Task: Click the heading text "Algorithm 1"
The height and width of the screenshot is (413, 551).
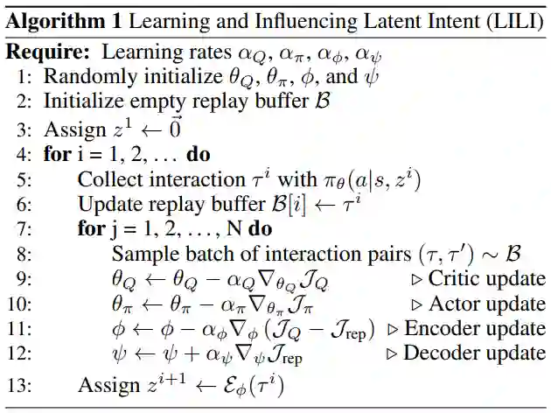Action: click(59, 18)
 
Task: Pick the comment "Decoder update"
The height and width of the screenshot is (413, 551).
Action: click(473, 353)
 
